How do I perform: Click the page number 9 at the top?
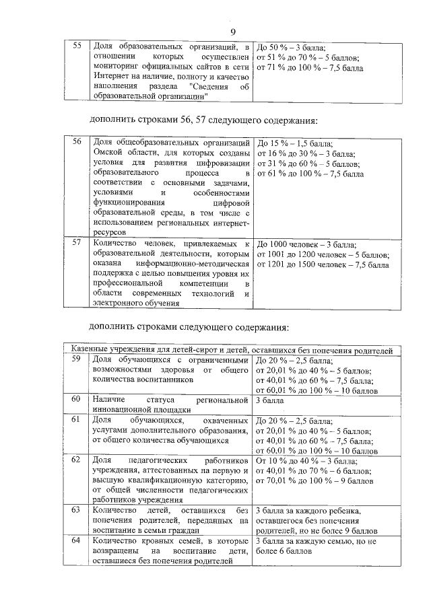[233, 32]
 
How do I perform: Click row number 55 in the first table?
[77, 46]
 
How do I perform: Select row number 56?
[77, 143]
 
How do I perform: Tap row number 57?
[77, 243]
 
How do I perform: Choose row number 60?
[77, 400]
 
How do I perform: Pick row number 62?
[77, 460]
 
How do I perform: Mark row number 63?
[77, 510]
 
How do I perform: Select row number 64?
[77, 540]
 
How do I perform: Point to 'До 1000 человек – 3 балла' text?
[306, 244]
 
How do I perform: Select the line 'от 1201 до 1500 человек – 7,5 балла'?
[322, 265]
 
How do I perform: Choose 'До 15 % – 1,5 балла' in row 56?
[295, 143]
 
